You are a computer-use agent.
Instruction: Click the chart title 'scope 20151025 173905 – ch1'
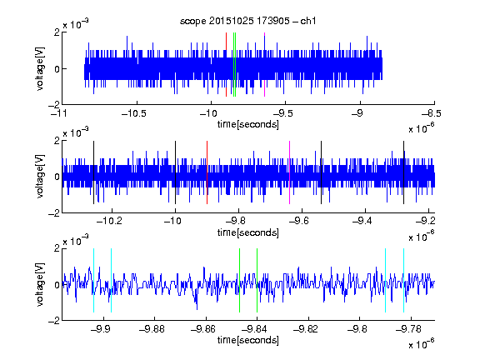[247, 21]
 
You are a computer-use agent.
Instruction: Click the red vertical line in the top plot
[226, 65]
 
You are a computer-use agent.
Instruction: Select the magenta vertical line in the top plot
[264, 65]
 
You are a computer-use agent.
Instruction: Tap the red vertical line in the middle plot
[207, 172]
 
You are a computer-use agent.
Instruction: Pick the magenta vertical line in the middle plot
[290, 172]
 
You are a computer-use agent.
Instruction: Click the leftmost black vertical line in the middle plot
[93, 172]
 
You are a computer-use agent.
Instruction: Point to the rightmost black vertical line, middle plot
[404, 172]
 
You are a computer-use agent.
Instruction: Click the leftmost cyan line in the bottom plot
[93, 280]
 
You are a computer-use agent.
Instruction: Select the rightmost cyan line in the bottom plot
[404, 280]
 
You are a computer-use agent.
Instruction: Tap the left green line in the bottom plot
[239, 280]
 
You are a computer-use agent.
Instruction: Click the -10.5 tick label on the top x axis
[134, 113]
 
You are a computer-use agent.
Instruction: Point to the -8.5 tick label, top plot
[432, 113]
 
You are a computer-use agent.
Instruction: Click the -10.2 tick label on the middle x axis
[109, 221]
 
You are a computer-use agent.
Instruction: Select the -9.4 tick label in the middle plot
[362, 221]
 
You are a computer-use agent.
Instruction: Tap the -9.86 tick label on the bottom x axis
[203, 329]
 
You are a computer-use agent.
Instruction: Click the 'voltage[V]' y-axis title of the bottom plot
[40, 284]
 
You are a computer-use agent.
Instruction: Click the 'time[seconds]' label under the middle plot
[248, 232]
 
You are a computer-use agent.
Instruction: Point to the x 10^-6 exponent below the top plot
[422, 127]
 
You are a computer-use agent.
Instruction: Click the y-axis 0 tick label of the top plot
[57, 69]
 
